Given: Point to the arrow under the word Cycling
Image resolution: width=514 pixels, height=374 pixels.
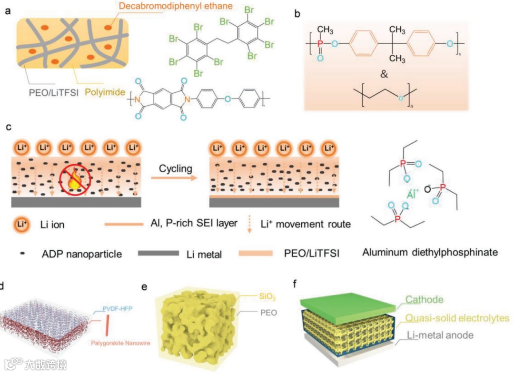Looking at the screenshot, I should (x=174, y=178).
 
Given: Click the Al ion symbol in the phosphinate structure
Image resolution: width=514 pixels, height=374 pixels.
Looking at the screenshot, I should (x=414, y=195).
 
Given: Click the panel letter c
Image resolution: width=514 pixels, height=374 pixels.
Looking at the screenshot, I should (x=8, y=128).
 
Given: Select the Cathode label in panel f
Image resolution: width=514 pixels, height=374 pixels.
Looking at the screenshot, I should (x=425, y=300).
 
